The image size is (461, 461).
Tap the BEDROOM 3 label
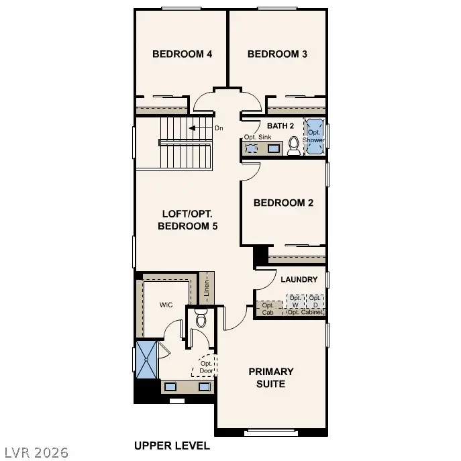coord(277,54)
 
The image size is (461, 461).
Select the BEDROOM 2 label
coord(283,203)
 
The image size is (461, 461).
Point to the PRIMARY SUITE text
coord(271,377)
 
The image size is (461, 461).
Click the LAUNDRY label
coord(299,279)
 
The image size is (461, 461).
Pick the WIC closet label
coord(166,305)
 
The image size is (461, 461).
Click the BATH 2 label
coord(280,125)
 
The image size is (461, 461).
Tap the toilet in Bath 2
coord(294,146)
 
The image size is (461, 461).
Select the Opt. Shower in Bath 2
coord(314,137)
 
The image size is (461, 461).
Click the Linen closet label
coord(208,287)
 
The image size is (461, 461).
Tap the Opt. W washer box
coord(295,301)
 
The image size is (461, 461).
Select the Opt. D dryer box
coord(315,301)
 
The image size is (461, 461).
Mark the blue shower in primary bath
coord(146,360)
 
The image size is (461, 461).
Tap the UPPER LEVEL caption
coord(172,445)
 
